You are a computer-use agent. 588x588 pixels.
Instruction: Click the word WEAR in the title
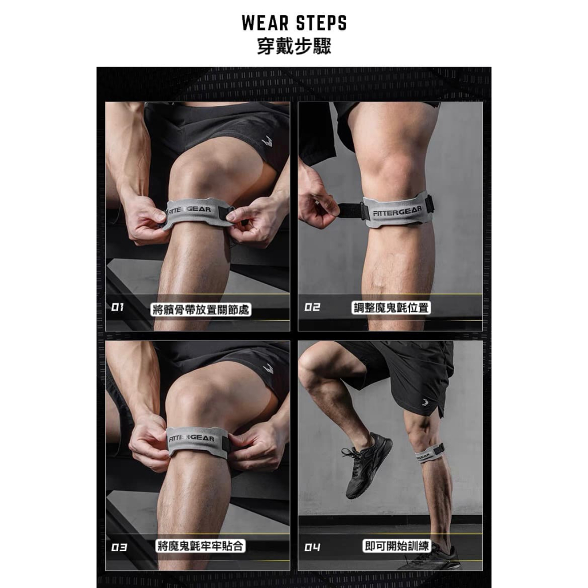click(x=264, y=23)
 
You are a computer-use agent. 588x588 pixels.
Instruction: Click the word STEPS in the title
click(x=322, y=23)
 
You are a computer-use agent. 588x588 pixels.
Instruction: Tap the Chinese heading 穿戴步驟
click(x=294, y=47)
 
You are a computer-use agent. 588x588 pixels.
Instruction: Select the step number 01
click(x=117, y=307)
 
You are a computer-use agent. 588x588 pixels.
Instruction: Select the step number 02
click(x=312, y=307)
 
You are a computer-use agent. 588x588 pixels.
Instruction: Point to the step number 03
click(x=119, y=547)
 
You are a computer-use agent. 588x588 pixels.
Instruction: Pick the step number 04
click(x=312, y=547)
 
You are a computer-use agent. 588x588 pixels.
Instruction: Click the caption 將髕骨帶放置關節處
click(x=200, y=310)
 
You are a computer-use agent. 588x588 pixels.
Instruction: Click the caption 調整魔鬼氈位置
click(x=390, y=308)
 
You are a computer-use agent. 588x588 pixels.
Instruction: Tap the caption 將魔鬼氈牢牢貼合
click(x=200, y=546)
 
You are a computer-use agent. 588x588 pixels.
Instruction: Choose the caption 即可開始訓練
click(x=396, y=546)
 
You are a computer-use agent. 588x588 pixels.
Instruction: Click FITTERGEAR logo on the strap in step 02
click(x=397, y=211)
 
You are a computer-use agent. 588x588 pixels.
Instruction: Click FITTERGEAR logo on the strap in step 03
click(x=191, y=438)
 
